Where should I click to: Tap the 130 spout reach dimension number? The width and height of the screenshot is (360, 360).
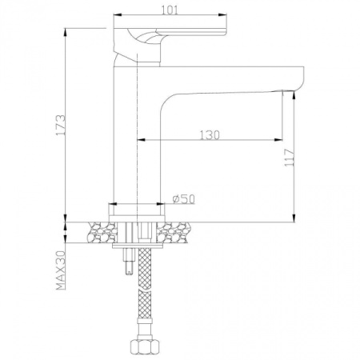(209, 134)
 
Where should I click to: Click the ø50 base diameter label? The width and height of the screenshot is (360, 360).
(184, 198)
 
